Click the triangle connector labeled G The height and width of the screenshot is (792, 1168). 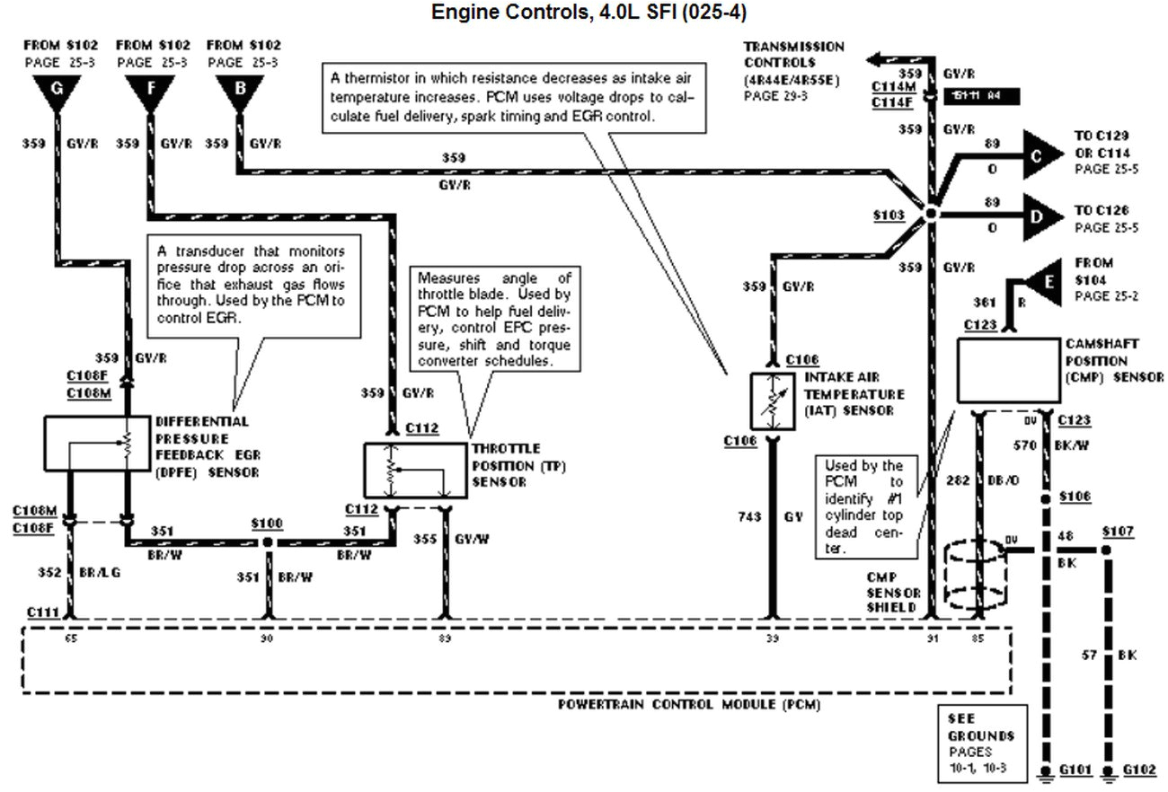57,91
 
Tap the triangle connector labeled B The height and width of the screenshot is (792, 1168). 237,91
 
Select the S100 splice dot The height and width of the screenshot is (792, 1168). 267,543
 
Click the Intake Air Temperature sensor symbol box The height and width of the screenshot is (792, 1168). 771,400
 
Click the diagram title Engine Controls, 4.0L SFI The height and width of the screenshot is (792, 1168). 588,13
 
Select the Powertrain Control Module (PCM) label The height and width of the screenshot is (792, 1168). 688,705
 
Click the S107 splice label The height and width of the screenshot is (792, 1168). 1118,532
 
